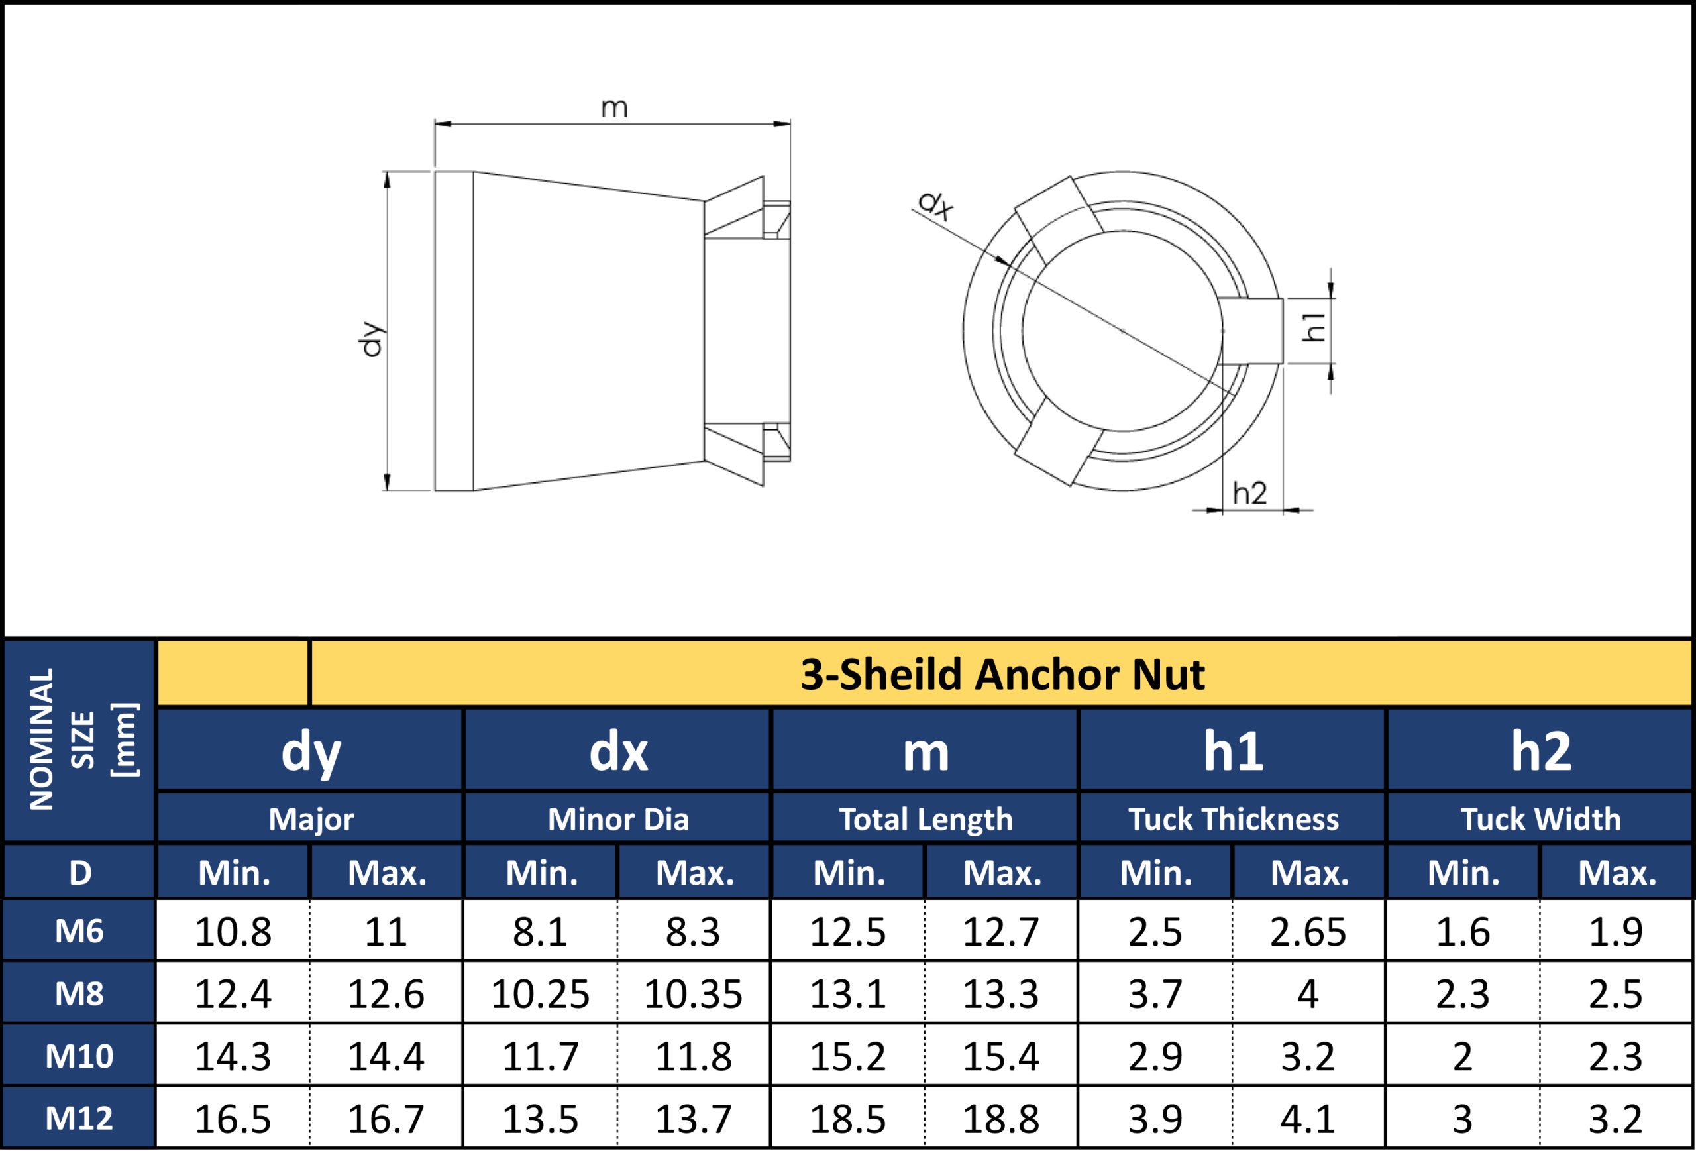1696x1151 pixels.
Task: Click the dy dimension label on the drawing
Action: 373,339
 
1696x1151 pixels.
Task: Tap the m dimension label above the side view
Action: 613,108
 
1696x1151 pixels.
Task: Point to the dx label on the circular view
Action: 935,205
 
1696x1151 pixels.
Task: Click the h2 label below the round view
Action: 1250,494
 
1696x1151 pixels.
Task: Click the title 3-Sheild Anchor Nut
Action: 1003,674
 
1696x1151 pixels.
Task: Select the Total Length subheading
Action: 926,819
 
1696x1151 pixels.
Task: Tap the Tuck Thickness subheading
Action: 1234,819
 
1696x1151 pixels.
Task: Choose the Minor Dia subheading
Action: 618,819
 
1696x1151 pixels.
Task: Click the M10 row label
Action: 79,1056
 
